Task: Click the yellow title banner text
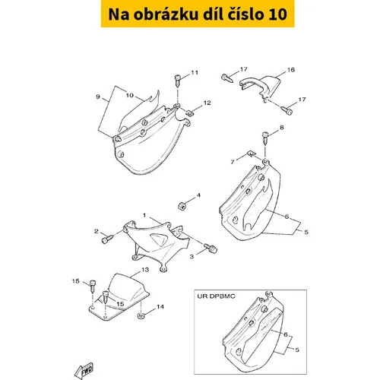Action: click(198, 14)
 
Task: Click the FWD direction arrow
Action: click(84, 371)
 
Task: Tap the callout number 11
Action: click(195, 73)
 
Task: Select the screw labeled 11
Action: click(178, 81)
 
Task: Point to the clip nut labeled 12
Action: click(188, 112)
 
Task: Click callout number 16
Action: click(291, 70)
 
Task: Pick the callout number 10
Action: click(130, 95)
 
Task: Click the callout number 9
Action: click(98, 97)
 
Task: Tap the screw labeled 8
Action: click(265, 138)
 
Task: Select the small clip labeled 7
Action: click(252, 154)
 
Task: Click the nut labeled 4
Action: click(182, 206)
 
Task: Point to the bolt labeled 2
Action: click(107, 239)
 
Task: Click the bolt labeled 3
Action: click(211, 249)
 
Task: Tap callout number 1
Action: click(144, 215)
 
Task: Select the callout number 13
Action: click(145, 270)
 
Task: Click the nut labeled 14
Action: click(141, 316)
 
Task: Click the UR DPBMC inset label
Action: click(216, 296)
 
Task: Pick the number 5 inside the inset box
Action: click(297, 350)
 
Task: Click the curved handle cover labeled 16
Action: click(260, 87)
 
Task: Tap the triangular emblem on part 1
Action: click(158, 238)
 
